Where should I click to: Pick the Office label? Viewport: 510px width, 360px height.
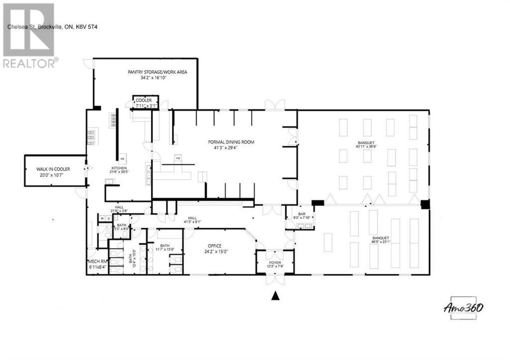pos(214,246)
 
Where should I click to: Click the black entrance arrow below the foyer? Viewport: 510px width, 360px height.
pos(274,296)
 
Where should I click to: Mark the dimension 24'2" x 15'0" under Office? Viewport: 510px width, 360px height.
pos(214,251)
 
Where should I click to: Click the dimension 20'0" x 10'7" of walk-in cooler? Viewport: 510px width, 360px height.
pos(52,175)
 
